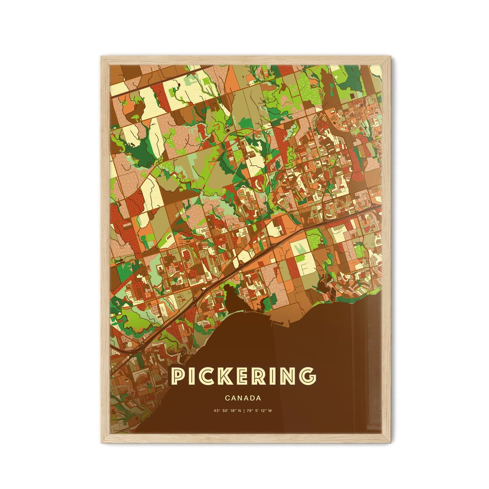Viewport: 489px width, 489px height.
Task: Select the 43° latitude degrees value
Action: pos(217,411)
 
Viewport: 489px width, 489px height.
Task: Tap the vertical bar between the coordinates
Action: pos(246,411)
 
